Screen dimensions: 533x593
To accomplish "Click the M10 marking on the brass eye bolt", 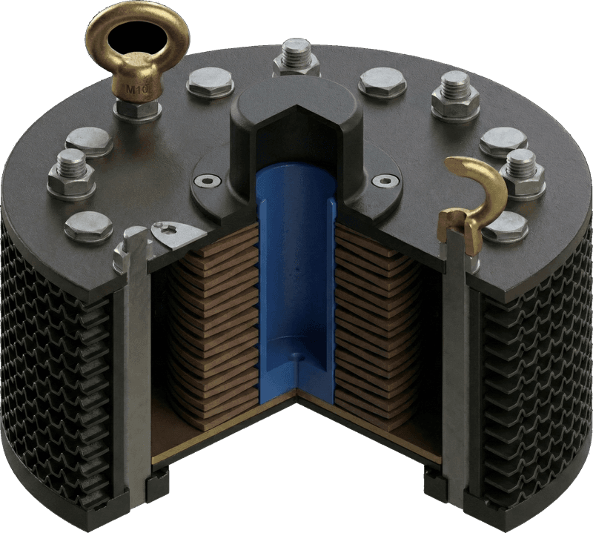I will (136, 91).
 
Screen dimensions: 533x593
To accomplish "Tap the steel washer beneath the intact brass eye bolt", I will (139, 110).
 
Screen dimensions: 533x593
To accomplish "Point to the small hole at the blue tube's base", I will (298, 357).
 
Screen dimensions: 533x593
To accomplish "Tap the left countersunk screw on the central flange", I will (209, 179).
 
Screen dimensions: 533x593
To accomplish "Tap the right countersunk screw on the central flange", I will (382, 180).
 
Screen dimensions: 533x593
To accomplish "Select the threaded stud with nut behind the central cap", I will (296, 58).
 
